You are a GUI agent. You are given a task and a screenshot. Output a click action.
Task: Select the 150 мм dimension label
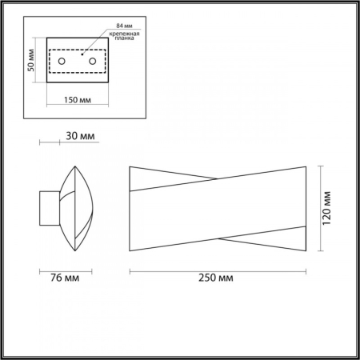click(75, 100)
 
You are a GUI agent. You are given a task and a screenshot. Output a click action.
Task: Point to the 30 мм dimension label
click(78, 137)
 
